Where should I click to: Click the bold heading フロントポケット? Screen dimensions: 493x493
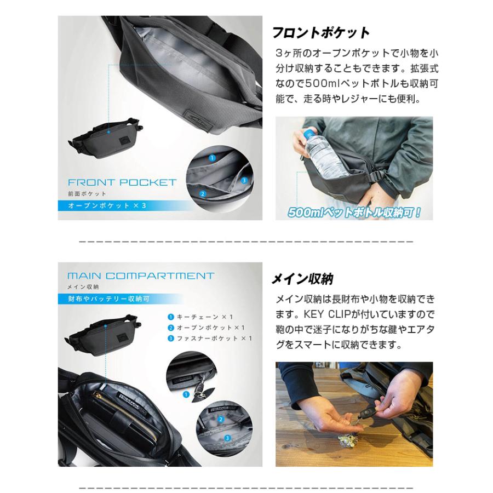(x=321, y=33)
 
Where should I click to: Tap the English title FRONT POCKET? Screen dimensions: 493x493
(x=122, y=182)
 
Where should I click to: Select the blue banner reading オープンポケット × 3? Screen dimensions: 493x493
(x=107, y=207)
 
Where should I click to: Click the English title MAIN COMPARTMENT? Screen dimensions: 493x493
(x=140, y=276)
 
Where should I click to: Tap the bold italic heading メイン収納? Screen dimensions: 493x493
(x=302, y=279)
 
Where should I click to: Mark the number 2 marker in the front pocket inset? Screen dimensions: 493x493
(x=203, y=193)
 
